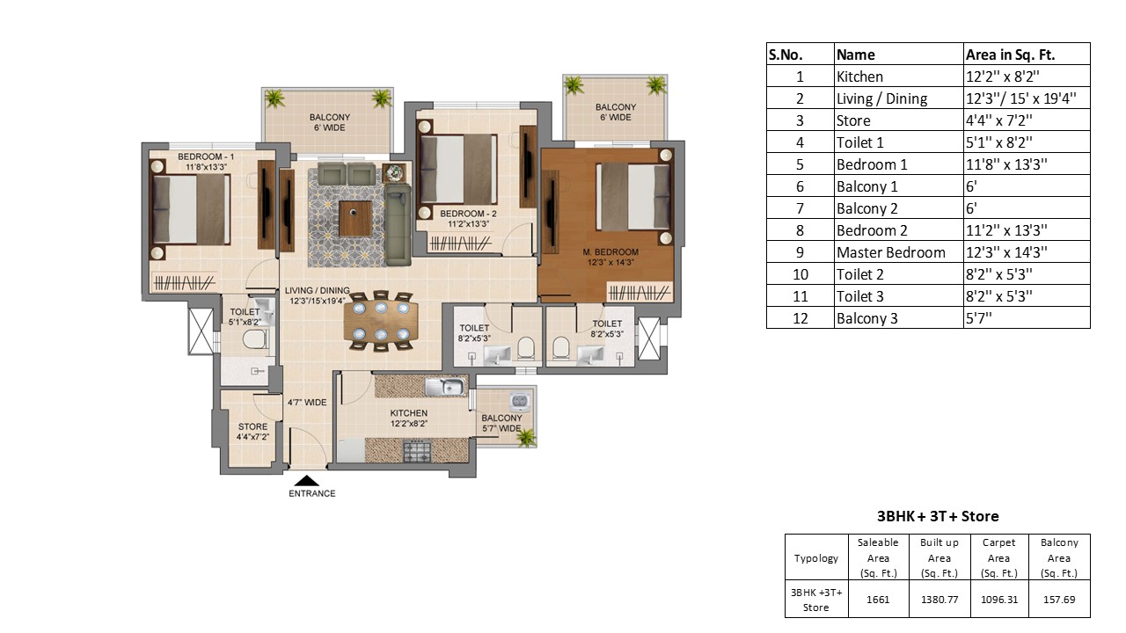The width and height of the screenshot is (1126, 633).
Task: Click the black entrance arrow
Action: click(307, 481)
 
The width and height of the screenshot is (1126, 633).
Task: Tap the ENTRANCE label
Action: click(311, 494)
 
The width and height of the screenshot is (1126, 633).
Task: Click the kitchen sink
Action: click(445, 387)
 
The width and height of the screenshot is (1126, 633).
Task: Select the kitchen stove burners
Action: click(417, 451)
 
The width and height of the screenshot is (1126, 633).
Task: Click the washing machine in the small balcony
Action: click(520, 402)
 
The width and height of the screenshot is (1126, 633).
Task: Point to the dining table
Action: click(381, 321)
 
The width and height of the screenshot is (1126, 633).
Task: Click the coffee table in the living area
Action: click(355, 219)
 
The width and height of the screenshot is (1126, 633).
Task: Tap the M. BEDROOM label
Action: click(611, 251)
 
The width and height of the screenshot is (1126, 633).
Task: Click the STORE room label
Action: click(252, 426)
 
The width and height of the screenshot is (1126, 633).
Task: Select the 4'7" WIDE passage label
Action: click(307, 403)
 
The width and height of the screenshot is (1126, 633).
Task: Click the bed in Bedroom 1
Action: click(191, 208)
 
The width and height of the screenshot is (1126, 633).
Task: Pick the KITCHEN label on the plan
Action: click(409, 413)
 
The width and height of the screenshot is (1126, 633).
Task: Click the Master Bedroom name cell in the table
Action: click(891, 252)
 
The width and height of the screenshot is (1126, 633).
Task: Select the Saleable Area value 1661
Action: click(878, 600)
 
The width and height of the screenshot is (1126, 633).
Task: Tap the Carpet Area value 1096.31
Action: click(998, 600)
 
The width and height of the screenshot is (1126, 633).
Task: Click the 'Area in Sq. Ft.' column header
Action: click(1010, 55)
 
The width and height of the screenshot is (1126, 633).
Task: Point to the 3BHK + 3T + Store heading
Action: click(938, 516)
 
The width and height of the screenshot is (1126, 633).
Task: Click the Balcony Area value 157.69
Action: click(1059, 600)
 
